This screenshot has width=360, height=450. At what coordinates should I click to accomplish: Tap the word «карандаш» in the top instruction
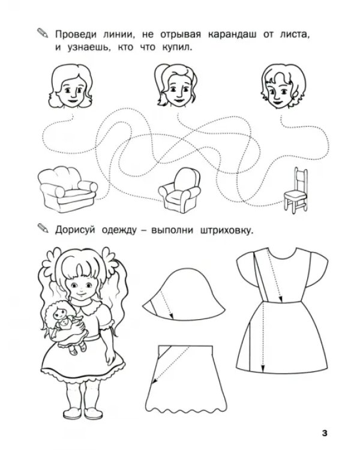[232, 35]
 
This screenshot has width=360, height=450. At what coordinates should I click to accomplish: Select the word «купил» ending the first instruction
[176, 47]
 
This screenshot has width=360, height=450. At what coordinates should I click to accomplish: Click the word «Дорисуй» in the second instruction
[75, 230]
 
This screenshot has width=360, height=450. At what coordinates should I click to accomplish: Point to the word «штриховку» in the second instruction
[226, 231]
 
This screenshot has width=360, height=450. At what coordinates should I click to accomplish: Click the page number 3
[325, 433]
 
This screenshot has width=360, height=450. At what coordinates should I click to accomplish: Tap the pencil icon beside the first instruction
[43, 33]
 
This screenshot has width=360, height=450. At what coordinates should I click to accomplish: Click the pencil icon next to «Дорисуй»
[43, 228]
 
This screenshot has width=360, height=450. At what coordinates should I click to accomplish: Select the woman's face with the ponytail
[175, 85]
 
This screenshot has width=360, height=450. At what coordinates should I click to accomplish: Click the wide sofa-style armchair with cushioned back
[67, 189]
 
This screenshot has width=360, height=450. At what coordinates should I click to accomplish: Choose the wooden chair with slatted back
[296, 191]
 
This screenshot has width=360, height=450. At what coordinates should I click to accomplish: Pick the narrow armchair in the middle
[180, 190]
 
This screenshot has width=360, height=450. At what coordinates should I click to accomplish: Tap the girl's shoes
[83, 413]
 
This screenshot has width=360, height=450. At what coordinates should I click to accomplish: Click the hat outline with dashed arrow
[184, 294]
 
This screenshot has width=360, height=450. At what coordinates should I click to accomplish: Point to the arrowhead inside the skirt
[154, 382]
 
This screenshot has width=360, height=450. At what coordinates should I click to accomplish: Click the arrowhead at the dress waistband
[281, 299]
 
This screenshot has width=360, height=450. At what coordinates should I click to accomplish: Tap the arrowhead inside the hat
[172, 316]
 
